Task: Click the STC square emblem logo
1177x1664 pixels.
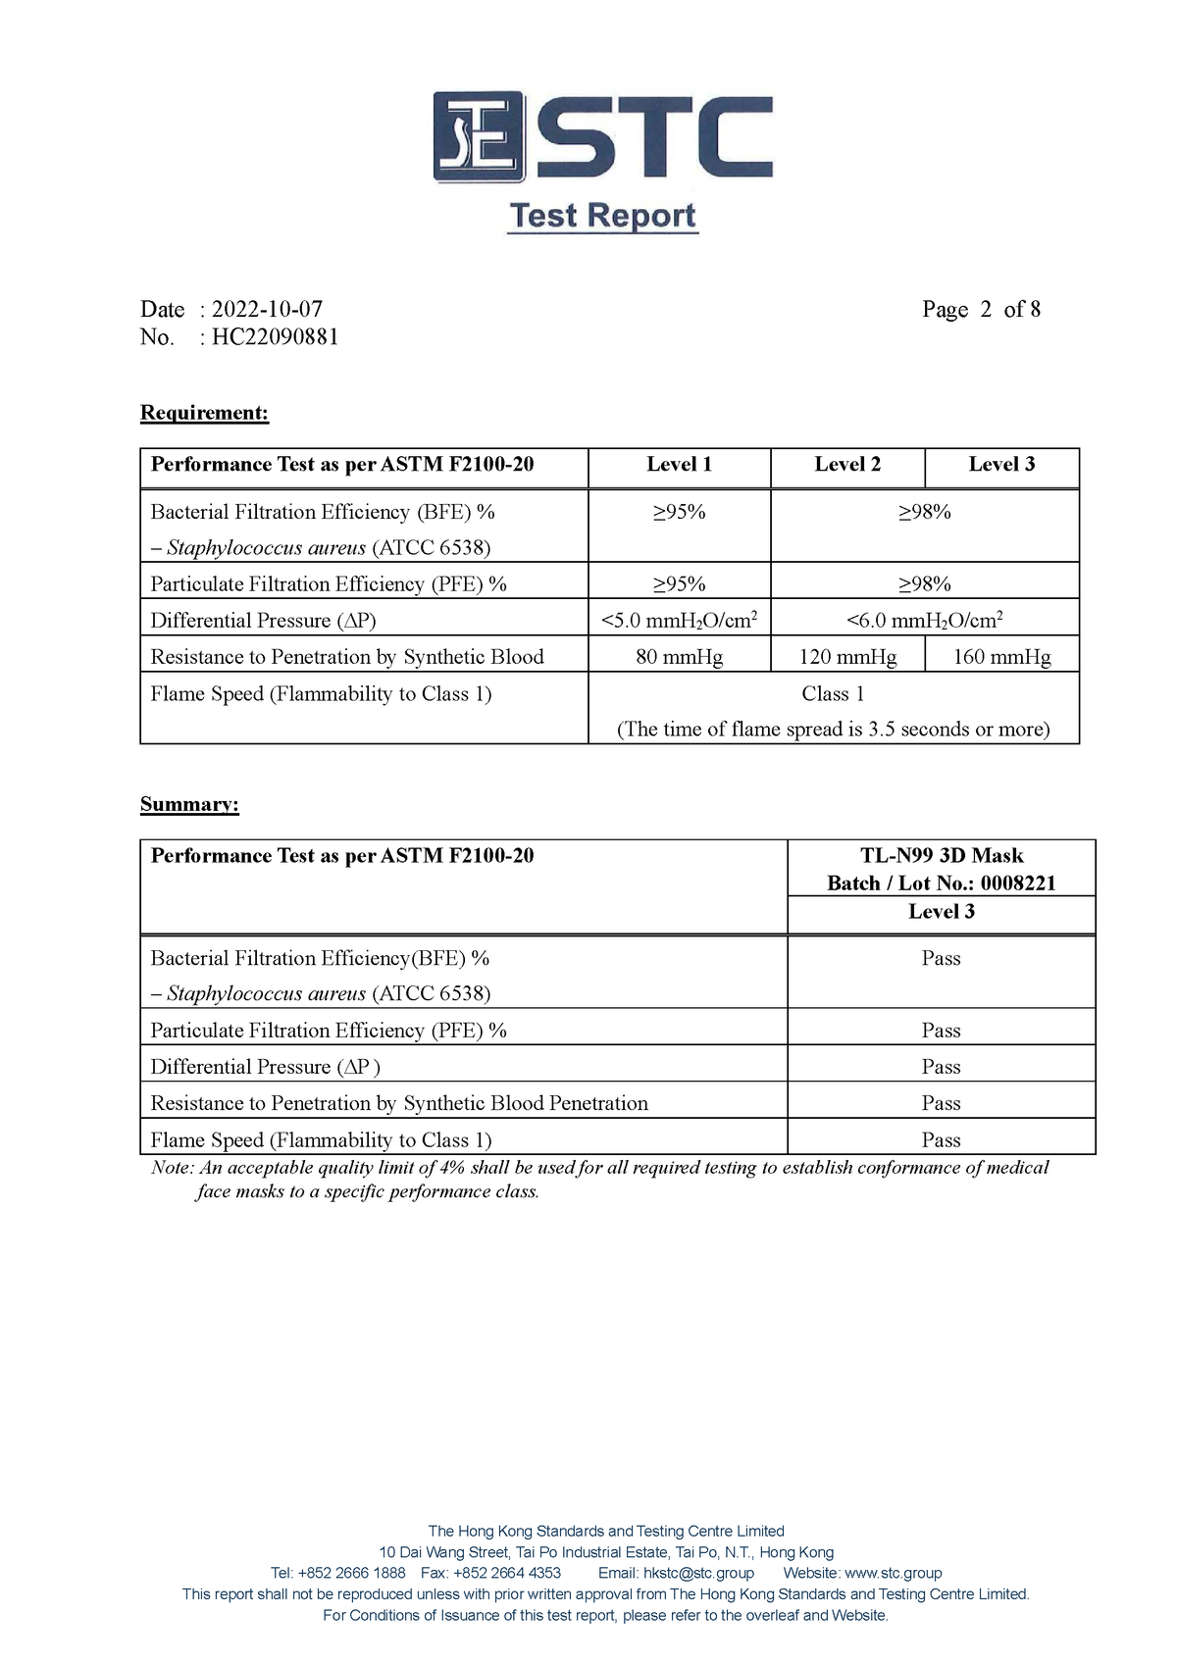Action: tap(479, 136)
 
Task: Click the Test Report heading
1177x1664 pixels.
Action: tap(602, 216)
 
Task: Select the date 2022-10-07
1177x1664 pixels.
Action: tap(267, 310)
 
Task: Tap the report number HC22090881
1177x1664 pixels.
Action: tap(276, 337)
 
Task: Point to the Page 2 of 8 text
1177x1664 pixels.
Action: tap(981, 310)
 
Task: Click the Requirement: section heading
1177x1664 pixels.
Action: tap(204, 413)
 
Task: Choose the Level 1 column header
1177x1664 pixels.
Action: tap(679, 465)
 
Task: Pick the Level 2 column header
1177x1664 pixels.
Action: tap(847, 465)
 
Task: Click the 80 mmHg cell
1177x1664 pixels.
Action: tap(679, 657)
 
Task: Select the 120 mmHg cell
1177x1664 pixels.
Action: tap(847, 657)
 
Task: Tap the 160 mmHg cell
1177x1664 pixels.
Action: tap(1001, 657)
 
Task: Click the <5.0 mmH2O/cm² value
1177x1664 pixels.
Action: tap(679, 620)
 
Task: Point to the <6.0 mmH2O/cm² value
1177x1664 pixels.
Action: tap(924, 620)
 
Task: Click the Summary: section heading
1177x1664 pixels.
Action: tap(189, 805)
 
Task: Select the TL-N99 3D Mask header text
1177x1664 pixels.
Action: tap(942, 856)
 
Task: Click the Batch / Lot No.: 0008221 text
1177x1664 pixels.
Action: tap(942, 883)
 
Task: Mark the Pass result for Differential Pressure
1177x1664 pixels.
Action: tap(941, 1067)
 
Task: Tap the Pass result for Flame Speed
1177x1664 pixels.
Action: tap(941, 1140)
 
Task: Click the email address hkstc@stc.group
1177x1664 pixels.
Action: tap(698, 1573)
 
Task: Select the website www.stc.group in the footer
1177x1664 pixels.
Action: tap(893, 1573)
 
